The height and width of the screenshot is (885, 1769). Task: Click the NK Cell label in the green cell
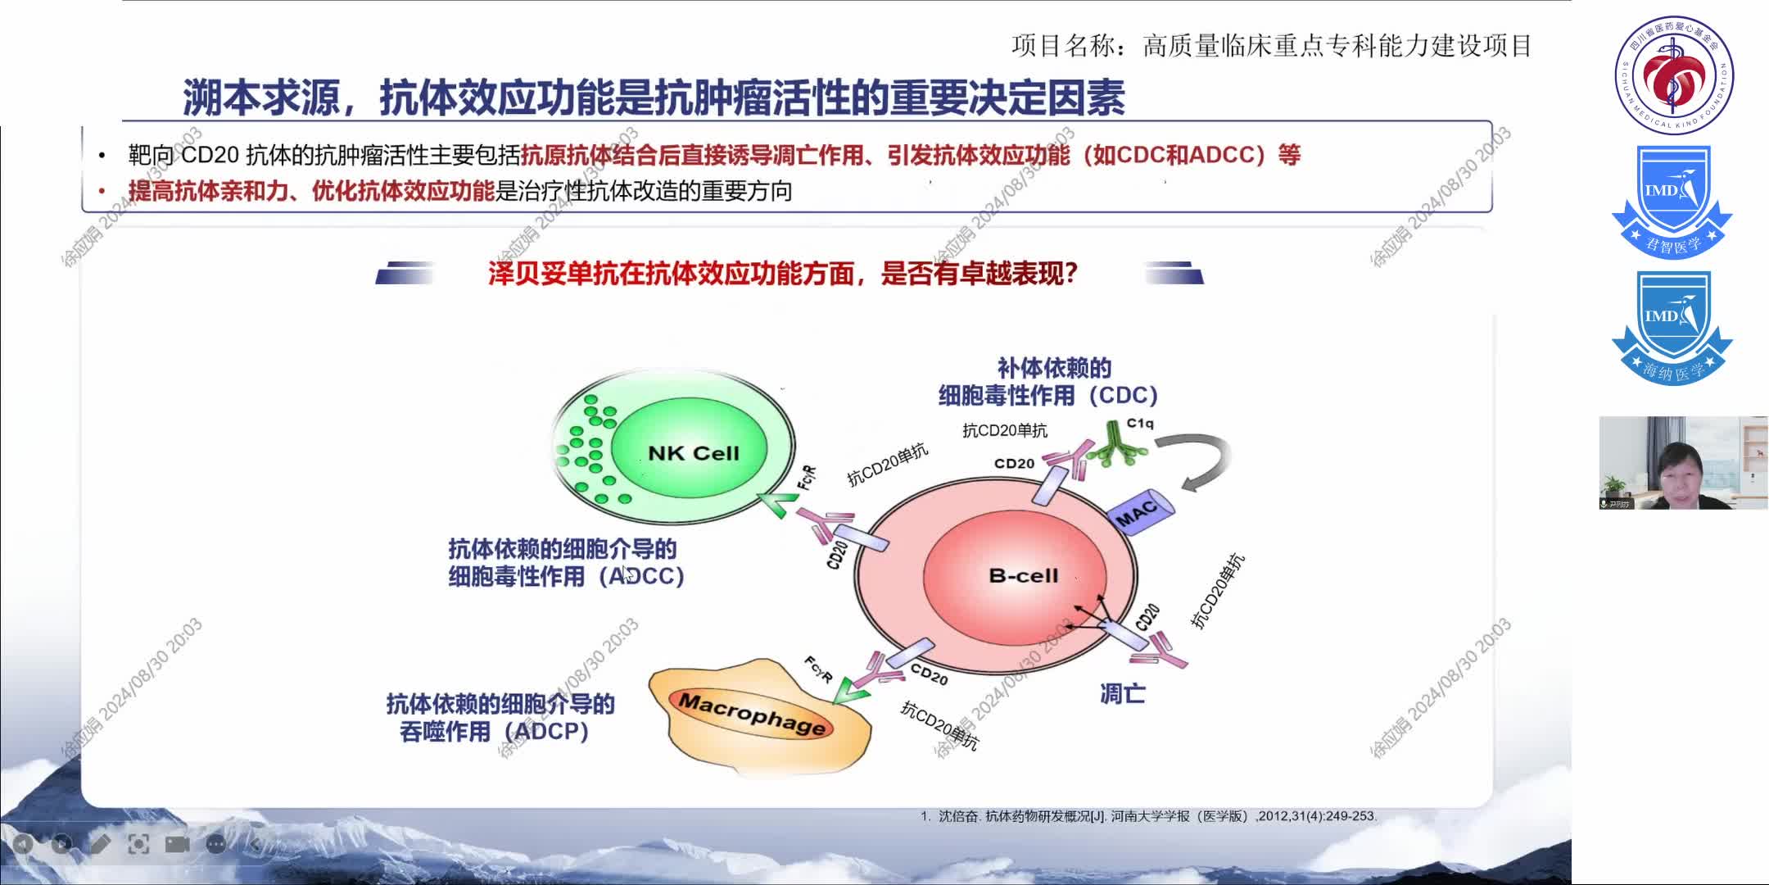point(693,453)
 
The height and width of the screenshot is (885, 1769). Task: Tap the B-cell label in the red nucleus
point(1024,576)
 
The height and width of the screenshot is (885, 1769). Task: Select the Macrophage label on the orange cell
point(752,714)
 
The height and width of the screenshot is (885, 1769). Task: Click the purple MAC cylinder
point(1139,513)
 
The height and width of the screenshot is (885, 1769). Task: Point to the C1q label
point(1140,424)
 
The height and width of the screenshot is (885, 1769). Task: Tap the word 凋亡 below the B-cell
point(1122,694)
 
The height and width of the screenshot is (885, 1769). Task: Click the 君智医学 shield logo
point(1672,201)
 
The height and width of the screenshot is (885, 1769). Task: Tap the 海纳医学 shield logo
point(1672,328)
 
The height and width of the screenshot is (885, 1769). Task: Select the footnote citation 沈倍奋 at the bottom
point(957,816)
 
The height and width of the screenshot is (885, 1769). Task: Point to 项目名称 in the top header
point(1062,46)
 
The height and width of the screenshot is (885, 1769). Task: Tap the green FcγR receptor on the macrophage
point(852,692)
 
